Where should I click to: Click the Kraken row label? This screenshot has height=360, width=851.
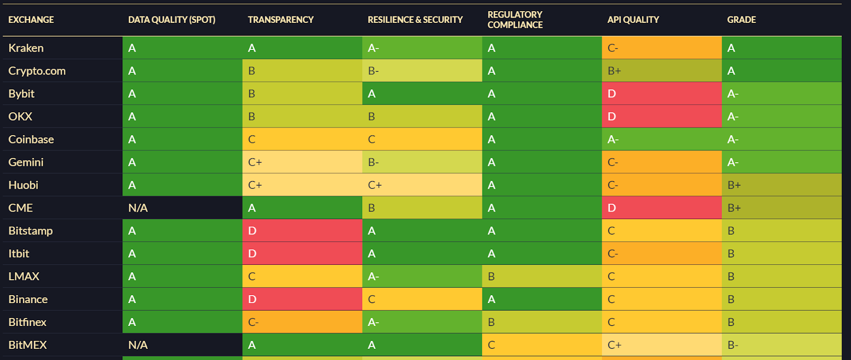(26, 48)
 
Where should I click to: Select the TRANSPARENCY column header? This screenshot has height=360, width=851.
(280, 20)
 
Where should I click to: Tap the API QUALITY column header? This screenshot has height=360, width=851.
(633, 20)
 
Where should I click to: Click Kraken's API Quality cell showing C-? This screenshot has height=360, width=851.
(662, 48)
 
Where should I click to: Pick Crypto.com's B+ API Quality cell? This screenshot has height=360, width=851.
(662, 71)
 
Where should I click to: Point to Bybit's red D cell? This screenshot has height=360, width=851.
(662, 94)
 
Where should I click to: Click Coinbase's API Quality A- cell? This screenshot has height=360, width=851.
(662, 139)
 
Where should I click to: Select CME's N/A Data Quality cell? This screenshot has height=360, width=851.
(182, 208)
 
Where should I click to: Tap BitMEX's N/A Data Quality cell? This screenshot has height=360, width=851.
(182, 345)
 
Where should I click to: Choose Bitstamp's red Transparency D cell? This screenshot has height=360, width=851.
(302, 231)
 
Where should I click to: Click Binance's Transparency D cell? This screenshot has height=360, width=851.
(302, 299)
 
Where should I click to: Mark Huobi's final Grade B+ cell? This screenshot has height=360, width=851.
(781, 185)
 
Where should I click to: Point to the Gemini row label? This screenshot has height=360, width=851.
(26, 162)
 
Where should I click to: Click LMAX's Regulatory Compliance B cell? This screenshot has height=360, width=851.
(542, 277)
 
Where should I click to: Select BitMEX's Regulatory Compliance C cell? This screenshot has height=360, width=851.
(542, 345)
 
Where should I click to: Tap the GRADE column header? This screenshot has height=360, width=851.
(741, 20)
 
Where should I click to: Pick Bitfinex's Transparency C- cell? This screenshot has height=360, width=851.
(302, 322)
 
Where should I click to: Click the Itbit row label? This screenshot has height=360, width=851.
(19, 254)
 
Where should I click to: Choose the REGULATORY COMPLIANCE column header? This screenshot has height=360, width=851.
(515, 20)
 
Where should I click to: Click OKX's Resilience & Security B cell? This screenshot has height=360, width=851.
(422, 116)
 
